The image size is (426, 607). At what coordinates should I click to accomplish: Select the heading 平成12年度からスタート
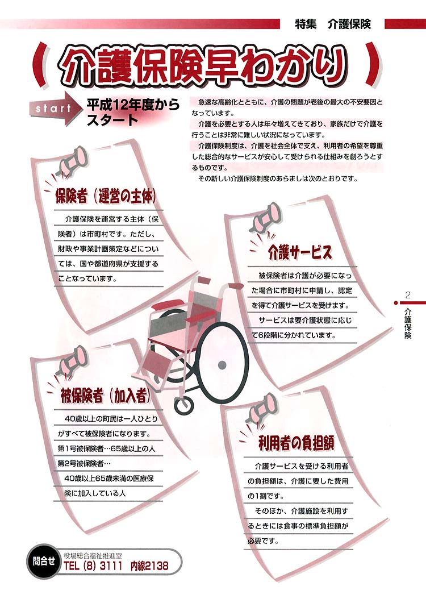[x=132, y=112]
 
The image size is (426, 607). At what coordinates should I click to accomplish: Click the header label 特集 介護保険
[x=333, y=24]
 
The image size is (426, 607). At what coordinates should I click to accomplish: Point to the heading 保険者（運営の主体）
[x=106, y=196]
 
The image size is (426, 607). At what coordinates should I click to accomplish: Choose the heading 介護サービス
[x=300, y=252]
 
